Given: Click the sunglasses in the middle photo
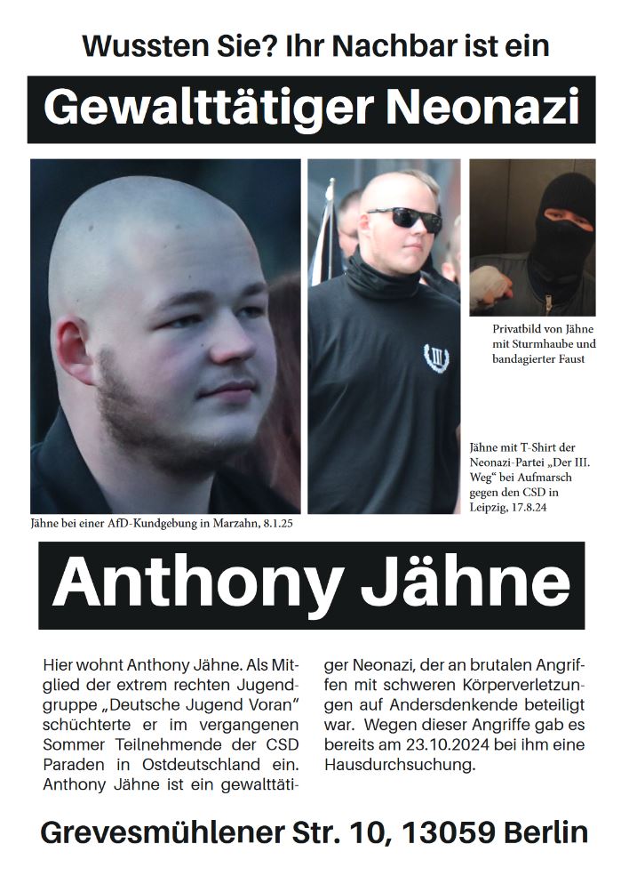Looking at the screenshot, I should [403, 218].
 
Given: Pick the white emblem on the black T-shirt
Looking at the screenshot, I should [435, 358].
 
